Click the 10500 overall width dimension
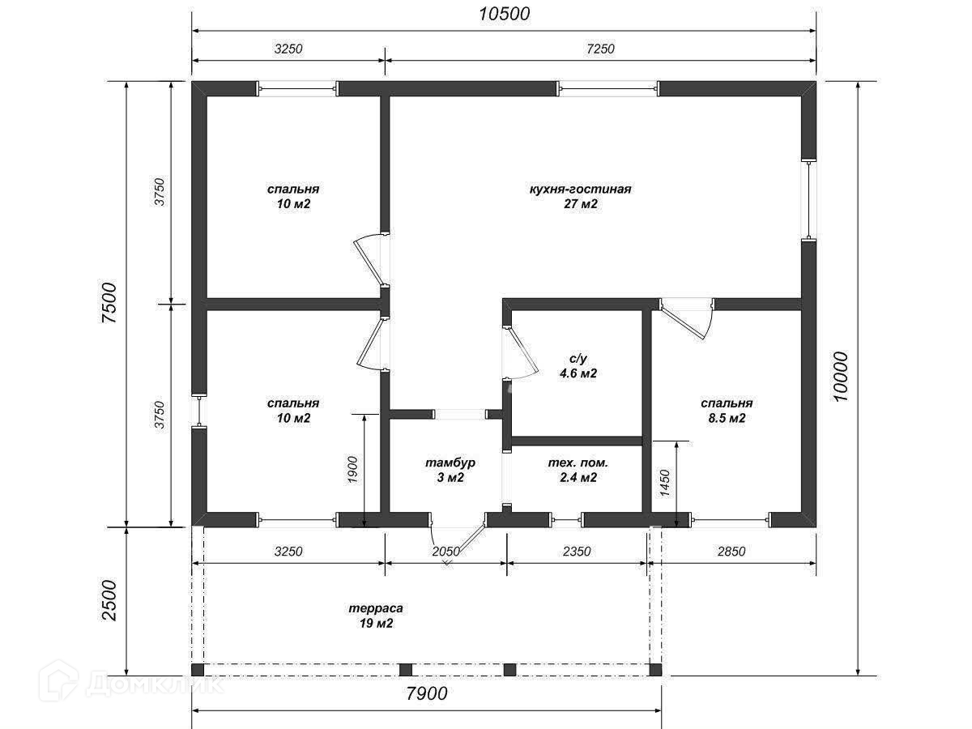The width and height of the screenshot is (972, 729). click(x=504, y=14)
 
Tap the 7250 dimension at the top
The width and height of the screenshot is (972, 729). click(x=600, y=49)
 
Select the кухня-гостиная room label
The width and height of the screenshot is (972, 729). click(x=580, y=189)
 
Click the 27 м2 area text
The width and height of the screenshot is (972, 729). click(x=580, y=203)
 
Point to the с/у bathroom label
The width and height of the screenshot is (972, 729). click(x=578, y=359)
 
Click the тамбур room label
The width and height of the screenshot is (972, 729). click(x=450, y=463)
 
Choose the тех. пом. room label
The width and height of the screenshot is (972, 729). click(x=578, y=463)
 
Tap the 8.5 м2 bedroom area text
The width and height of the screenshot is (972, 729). click(x=727, y=418)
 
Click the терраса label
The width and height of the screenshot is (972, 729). click(x=376, y=608)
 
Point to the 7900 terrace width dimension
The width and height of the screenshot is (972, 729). click(x=427, y=693)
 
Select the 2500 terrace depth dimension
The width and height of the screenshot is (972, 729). click(x=109, y=601)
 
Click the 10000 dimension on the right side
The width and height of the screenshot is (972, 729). click(x=841, y=377)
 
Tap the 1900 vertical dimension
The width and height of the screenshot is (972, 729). click(x=352, y=469)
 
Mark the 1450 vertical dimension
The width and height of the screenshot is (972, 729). click(x=665, y=484)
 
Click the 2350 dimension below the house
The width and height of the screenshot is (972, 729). click(x=577, y=552)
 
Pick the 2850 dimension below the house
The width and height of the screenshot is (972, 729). click(x=731, y=552)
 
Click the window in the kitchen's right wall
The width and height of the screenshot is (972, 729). click(x=809, y=199)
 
